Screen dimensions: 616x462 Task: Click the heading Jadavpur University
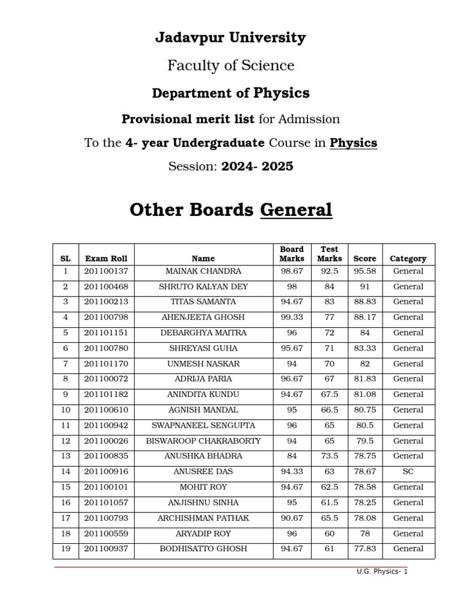point(230,38)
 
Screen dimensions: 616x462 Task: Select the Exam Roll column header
point(106,259)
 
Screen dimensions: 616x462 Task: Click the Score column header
point(365,259)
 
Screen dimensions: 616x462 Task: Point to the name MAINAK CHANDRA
point(203,271)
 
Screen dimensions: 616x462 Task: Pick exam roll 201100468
point(106,287)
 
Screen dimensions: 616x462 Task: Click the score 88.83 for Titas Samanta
point(365,302)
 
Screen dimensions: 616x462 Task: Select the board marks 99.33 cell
point(292,318)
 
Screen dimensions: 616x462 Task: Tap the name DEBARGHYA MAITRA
point(203,333)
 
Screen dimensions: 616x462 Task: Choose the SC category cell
point(408,472)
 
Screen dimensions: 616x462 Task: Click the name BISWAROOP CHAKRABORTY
point(203,441)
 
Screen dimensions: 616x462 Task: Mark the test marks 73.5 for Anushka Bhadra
point(330,456)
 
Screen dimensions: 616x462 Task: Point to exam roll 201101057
point(106,502)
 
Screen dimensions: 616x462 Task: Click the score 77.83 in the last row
point(365,549)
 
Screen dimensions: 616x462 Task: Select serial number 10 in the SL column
point(66,410)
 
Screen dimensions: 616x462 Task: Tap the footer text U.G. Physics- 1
point(382,571)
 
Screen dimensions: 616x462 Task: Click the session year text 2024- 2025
point(257,166)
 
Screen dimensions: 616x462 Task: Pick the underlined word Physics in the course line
point(353,143)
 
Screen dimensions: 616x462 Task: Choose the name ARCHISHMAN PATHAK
point(203,518)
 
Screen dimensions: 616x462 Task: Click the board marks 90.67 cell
point(292,518)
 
